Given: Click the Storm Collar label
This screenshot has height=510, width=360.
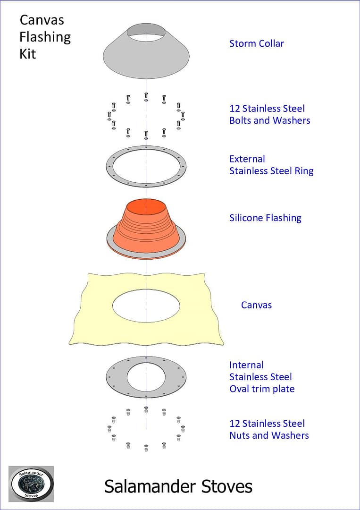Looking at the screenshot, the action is coord(256,43).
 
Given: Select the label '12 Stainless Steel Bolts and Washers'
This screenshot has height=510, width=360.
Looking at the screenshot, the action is coord(270,114).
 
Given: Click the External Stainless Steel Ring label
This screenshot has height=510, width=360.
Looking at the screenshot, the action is coord(271,165).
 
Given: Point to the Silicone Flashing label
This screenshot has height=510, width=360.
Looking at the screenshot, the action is coord(265,218).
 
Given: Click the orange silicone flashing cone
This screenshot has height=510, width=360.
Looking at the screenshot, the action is coord(146,228).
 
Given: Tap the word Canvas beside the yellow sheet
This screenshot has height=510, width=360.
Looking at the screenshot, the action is coord(256,305).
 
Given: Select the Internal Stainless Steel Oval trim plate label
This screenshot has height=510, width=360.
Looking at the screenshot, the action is coord(262,377).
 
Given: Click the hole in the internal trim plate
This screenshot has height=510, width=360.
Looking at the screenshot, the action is coord(146,377).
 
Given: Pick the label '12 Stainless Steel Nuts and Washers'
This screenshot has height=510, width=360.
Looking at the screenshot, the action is coord(269,429).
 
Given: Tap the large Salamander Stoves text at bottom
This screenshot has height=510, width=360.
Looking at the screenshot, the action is coord(178,487).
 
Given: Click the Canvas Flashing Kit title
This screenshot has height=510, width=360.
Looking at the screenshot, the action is coord(45,37).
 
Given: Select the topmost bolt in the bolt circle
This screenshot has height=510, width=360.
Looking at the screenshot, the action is coord(146,97).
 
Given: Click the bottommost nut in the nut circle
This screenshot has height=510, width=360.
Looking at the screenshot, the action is coord(146,448).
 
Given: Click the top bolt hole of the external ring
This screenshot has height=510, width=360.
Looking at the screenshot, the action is coord(146,148).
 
